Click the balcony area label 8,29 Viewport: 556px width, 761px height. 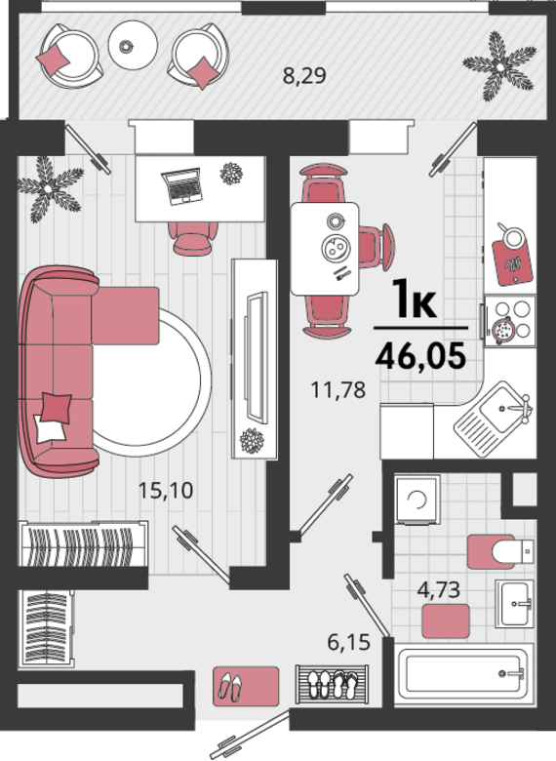tap(304, 76)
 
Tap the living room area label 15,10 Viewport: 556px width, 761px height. tap(166, 490)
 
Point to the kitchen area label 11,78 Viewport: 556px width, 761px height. tap(338, 389)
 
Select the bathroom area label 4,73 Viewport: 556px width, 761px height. tap(439, 589)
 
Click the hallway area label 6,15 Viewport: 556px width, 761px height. tap(348, 643)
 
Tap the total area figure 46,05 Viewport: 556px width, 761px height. tap(420, 356)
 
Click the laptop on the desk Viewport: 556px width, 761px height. tap(182, 186)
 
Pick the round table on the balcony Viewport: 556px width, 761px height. tap(133, 45)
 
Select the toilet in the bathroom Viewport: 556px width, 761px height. tap(512, 551)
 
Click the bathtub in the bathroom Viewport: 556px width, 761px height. tap(464, 673)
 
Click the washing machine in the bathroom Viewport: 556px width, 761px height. tap(417, 500)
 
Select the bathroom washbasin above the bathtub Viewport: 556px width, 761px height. tap(514, 604)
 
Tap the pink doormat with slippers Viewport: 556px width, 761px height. tap(246, 686)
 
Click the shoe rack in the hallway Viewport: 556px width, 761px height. tap(332, 683)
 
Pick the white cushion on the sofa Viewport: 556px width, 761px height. tap(49, 428)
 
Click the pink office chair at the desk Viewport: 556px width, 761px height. tap(192, 238)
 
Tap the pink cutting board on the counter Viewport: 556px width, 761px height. tap(512, 262)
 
